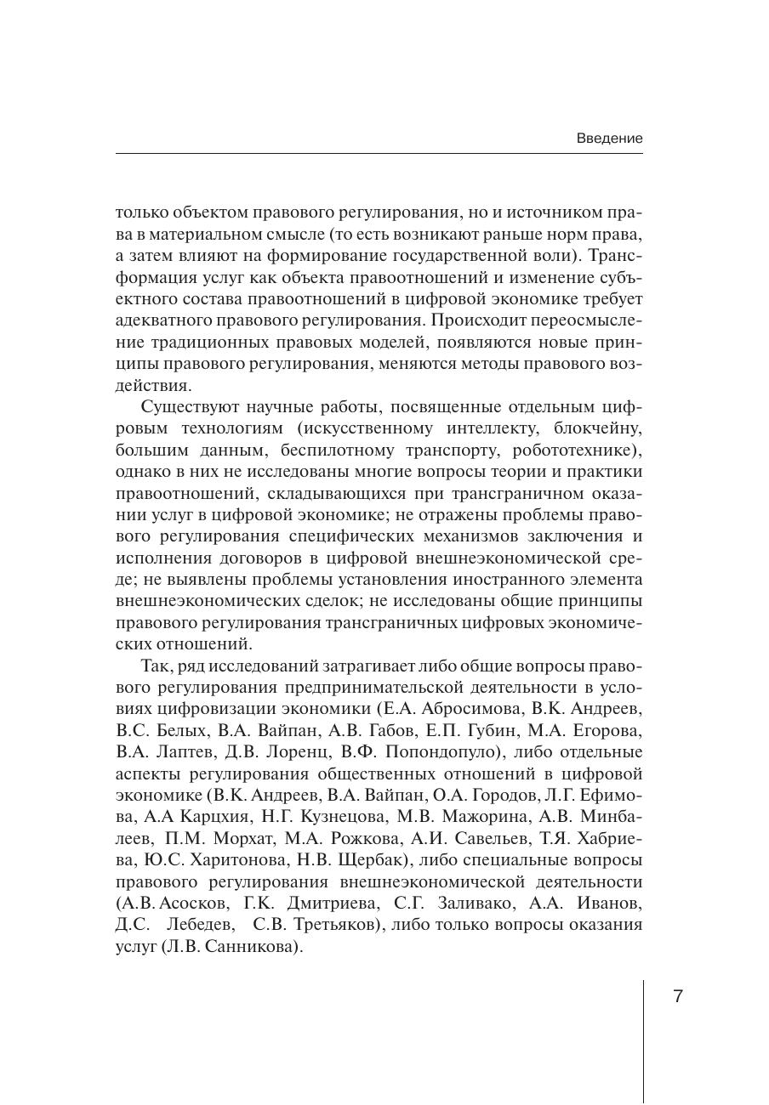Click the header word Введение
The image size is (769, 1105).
click(x=609, y=138)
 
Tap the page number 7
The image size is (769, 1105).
click(x=678, y=997)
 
